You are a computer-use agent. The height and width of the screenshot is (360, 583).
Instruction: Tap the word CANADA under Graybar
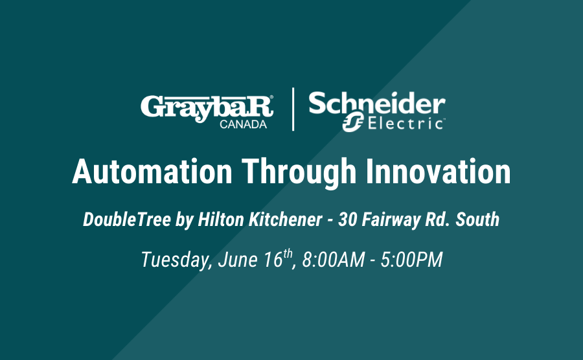pos(243,124)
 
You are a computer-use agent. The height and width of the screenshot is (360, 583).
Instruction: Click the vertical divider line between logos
pos(293,109)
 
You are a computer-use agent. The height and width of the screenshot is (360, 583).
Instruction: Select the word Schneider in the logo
pos(376,104)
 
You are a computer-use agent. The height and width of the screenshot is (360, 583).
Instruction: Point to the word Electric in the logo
pos(406,123)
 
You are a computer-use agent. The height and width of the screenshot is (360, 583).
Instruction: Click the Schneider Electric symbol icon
pos(353,122)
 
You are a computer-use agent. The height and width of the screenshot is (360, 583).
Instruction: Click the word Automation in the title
pos(152,172)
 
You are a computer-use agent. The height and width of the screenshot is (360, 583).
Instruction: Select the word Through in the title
pos(299,173)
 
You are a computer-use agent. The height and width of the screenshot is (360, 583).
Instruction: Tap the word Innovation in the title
pos(439,172)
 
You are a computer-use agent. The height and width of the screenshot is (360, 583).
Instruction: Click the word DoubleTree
pos(127,219)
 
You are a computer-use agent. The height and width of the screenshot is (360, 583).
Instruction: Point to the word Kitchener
pos(285,219)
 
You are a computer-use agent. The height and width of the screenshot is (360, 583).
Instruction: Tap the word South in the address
pos(477,219)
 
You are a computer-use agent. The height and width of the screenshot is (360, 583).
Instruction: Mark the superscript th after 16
pos(288,254)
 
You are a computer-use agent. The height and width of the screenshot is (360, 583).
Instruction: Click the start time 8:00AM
pos(334,260)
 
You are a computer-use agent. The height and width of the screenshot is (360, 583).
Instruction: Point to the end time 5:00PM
pos(411,260)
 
